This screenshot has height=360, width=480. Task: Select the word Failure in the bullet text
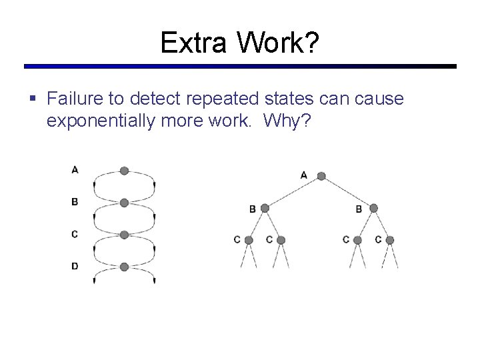click(x=77, y=99)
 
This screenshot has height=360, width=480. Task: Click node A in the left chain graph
click(x=124, y=171)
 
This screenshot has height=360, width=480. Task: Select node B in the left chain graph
click(x=124, y=203)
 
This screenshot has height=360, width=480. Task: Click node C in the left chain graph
click(x=124, y=235)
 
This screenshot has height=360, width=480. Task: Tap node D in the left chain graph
click(x=124, y=267)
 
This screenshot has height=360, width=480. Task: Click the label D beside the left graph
click(x=75, y=266)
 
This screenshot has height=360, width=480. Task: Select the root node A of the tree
click(x=321, y=176)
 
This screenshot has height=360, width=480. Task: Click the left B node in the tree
click(x=265, y=209)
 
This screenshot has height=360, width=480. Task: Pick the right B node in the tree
click(x=373, y=209)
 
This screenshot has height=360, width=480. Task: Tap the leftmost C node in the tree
click(x=249, y=240)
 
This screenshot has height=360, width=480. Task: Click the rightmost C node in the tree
click(x=390, y=240)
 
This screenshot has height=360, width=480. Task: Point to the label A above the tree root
click(x=304, y=175)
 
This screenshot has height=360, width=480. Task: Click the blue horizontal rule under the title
click(x=240, y=67)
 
